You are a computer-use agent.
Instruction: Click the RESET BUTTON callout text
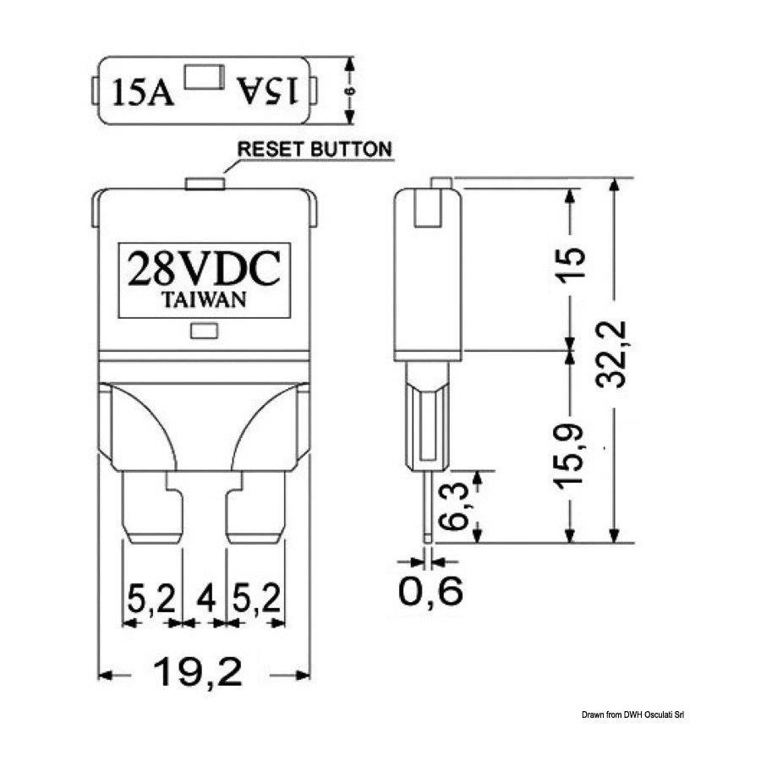click(315, 149)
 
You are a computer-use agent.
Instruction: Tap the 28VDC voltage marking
click(204, 268)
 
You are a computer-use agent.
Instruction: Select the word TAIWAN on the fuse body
click(204, 299)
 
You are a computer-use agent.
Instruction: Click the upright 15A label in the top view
click(143, 92)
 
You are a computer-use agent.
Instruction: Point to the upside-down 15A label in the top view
click(266, 90)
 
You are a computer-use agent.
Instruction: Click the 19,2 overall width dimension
click(198, 673)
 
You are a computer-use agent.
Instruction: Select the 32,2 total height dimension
click(611, 354)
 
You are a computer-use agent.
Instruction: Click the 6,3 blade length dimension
click(453, 506)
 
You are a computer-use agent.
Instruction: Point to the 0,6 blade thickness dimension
click(430, 591)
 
